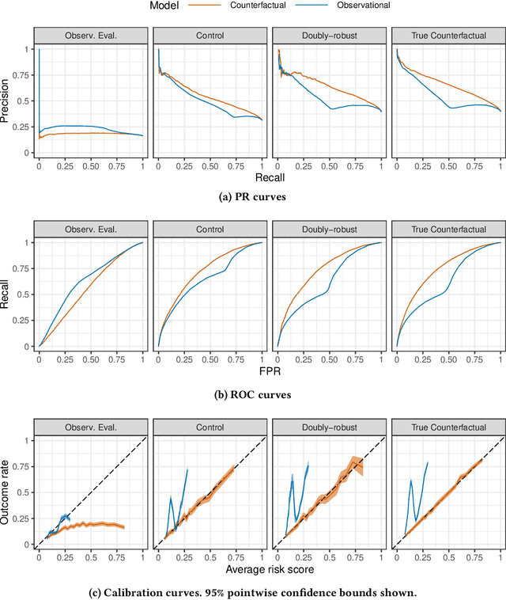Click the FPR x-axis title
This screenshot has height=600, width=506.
pyautogui.click(x=267, y=367)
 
